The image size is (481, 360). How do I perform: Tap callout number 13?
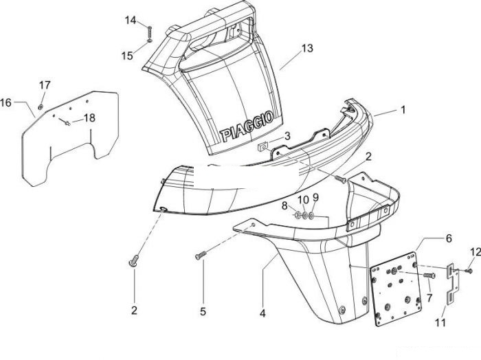[x=307, y=48]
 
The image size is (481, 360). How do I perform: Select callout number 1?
[x=403, y=109]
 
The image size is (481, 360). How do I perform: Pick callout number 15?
[x=127, y=56]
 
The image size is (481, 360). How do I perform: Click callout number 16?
[x=5, y=102]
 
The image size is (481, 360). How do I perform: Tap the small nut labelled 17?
[x=40, y=107]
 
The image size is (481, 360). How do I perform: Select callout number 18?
[x=89, y=117]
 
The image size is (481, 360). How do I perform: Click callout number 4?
[x=262, y=313]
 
